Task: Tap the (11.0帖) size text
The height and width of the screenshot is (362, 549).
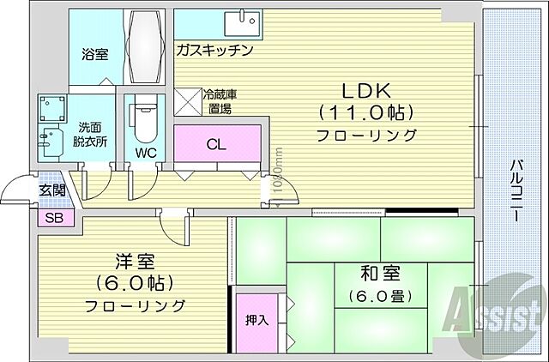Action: pos(366,112)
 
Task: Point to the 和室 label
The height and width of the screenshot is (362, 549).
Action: pos(378,275)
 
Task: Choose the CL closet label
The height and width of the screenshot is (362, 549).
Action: pos(217,145)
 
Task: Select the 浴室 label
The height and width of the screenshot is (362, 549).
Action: pos(94,53)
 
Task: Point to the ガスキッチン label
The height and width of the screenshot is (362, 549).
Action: pos(214,50)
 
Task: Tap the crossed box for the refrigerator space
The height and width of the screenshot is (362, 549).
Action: pos(187,100)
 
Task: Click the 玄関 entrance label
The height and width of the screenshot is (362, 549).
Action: pos(53,190)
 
